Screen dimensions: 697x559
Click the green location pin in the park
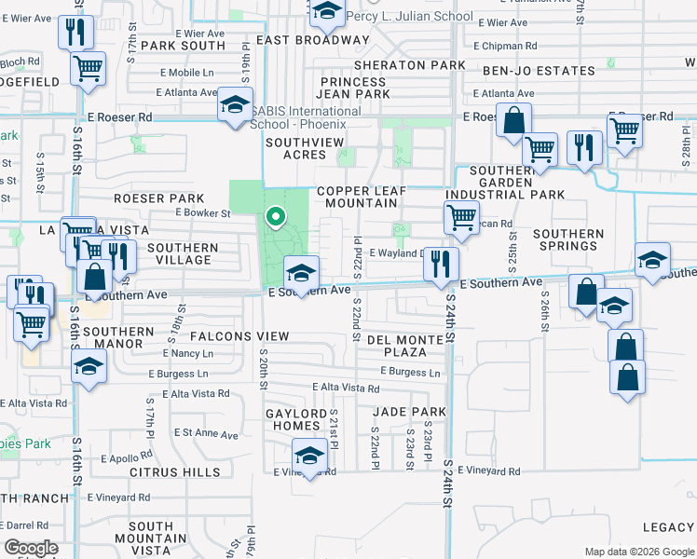click(276, 218)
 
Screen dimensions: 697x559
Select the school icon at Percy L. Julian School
click(327, 11)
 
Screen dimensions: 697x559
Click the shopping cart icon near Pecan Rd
click(461, 218)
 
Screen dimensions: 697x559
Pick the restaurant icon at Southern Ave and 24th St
click(441, 263)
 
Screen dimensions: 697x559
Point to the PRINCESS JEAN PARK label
click(353, 88)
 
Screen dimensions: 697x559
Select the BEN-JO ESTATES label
click(539, 71)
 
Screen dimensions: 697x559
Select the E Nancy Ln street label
click(194, 354)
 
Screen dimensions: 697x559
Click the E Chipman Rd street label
click(505, 46)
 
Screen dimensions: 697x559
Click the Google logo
click(32, 548)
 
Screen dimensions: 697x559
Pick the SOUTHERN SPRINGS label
click(567, 240)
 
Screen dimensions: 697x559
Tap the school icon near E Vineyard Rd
click(309, 457)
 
